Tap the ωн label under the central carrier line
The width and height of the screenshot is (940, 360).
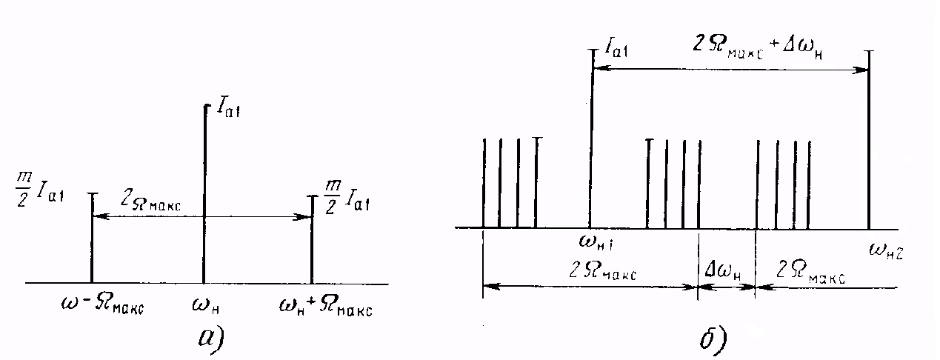(x=206, y=306)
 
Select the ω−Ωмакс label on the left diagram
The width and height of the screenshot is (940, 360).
(x=102, y=306)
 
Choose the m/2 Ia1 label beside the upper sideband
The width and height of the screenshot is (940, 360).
(x=347, y=197)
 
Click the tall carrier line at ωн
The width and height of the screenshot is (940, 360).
(x=204, y=194)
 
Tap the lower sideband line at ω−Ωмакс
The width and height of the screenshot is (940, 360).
(x=92, y=238)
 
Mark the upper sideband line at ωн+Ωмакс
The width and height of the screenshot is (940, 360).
(x=312, y=239)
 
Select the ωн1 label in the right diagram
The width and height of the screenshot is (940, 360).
(x=596, y=242)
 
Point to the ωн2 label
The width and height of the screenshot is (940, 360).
(x=885, y=251)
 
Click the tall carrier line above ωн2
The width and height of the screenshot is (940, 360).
(x=869, y=140)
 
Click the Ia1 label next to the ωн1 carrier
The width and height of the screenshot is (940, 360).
(x=616, y=48)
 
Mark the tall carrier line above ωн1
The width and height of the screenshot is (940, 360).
(x=591, y=139)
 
